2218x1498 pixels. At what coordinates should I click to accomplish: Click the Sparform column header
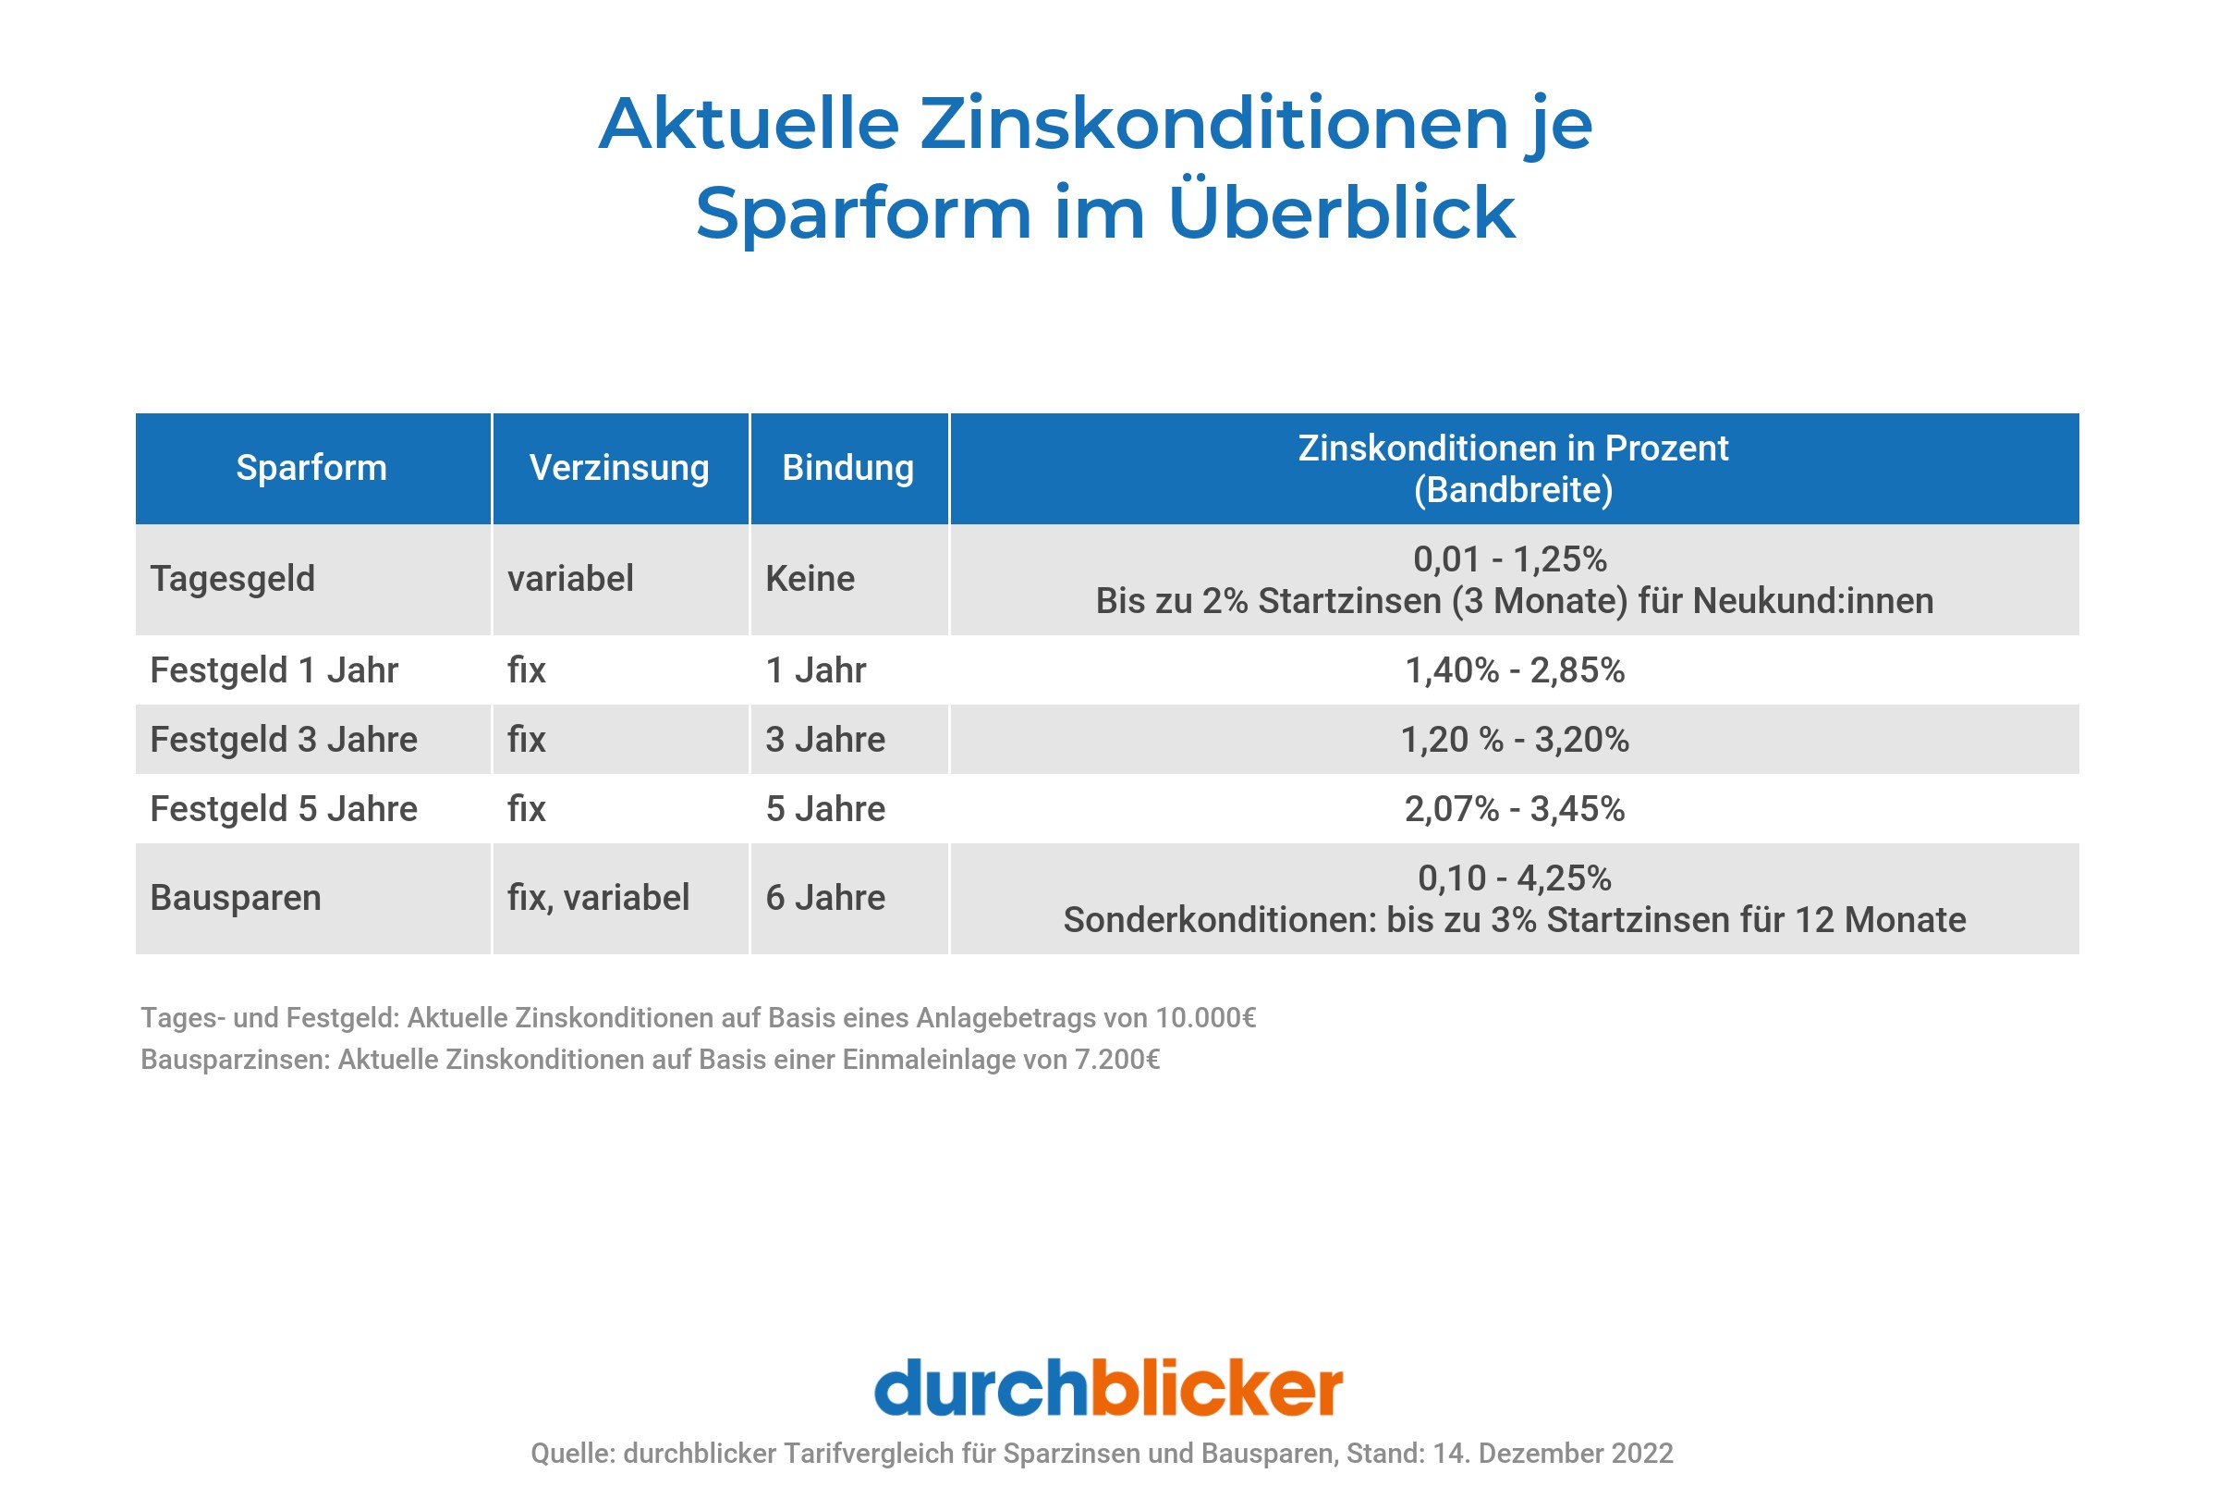pos(311,468)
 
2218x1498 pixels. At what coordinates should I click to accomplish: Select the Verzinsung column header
pos(619,468)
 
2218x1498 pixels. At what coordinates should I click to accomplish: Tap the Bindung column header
pos(847,468)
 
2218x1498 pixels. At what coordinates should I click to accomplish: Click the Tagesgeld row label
pos(233,579)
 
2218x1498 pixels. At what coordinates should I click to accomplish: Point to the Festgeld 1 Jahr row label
pos(274,670)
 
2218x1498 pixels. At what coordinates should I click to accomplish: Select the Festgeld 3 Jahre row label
pos(284,740)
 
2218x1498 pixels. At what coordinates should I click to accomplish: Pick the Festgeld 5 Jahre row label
pos(284,809)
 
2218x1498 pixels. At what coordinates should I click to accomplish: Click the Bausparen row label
pos(236,898)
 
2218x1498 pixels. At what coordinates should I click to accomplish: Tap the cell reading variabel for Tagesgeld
pos(571,579)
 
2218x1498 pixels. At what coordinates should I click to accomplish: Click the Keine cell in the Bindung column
pos(810,579)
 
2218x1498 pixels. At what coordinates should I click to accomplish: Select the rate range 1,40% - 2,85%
pos(1515,670)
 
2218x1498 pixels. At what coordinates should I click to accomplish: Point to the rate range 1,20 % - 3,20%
pos(1515,740)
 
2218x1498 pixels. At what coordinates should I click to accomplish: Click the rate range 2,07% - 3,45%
pos(1515,809)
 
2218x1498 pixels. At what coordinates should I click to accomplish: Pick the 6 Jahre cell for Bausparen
pos(825,898)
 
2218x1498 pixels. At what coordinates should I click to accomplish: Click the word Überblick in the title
pos(1341,212)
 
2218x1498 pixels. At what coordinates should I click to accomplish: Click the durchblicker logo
pos(1108,1388)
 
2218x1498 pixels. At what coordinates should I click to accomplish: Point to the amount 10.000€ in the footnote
pos(1205,1018)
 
